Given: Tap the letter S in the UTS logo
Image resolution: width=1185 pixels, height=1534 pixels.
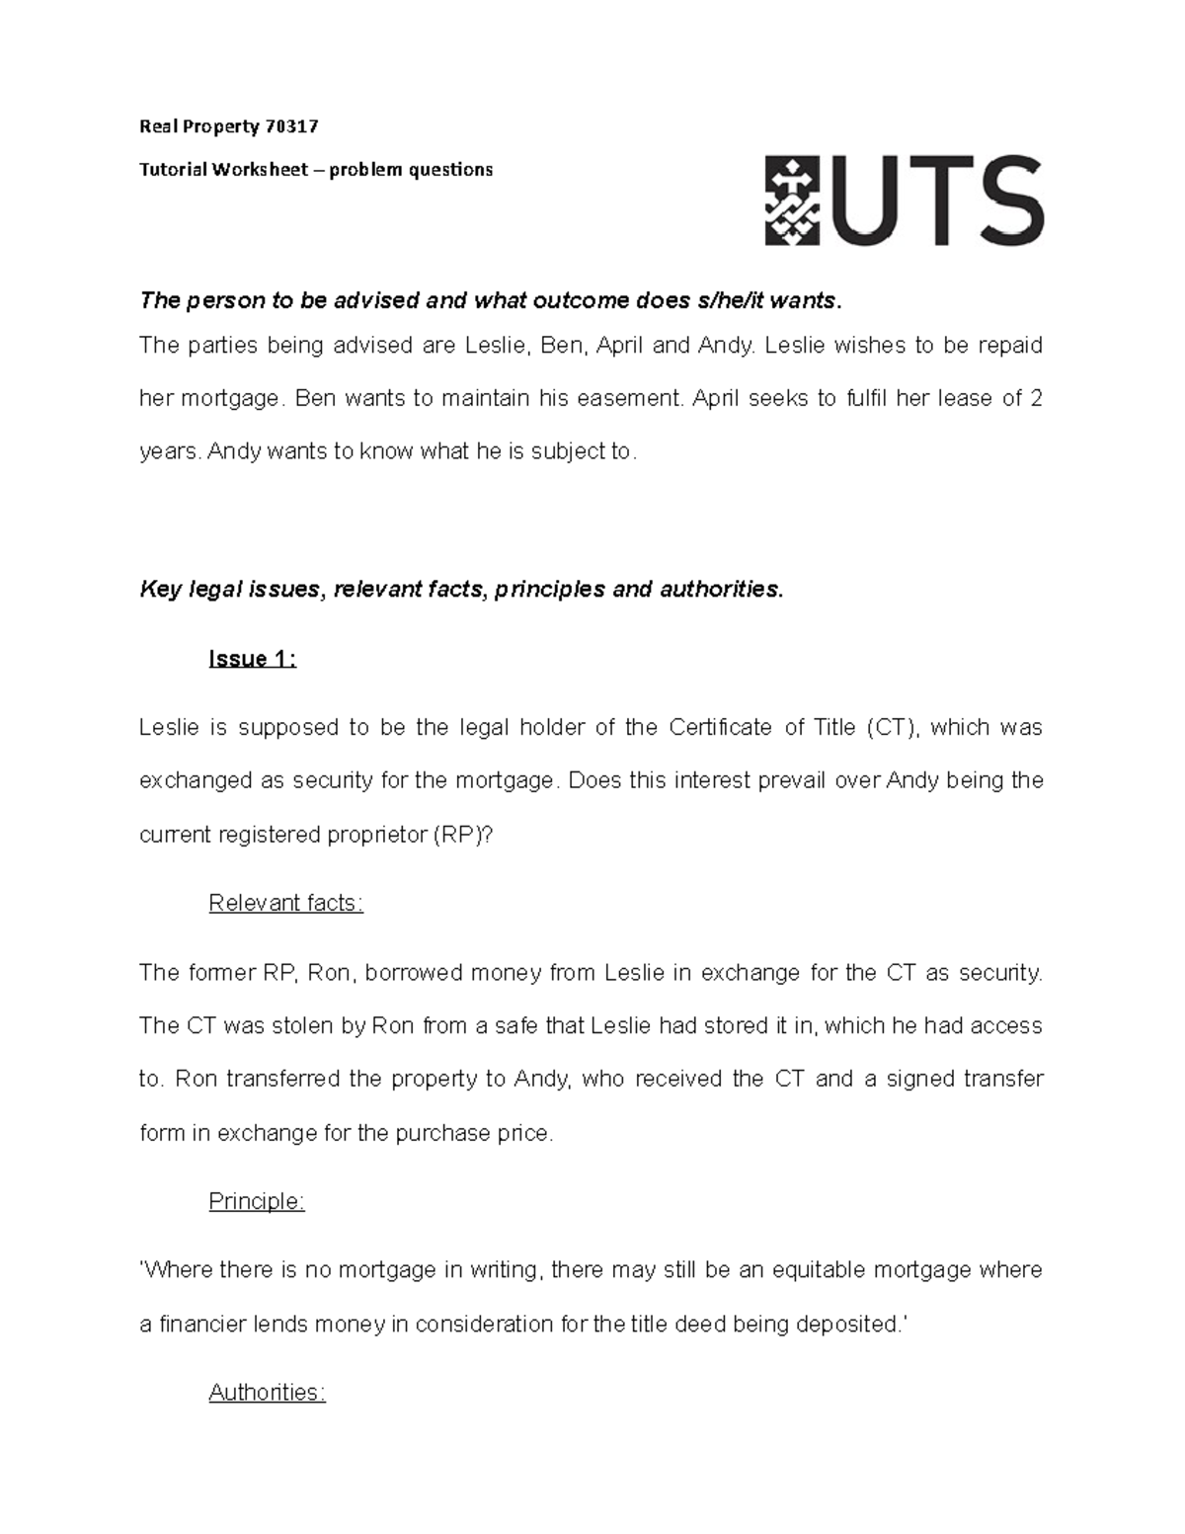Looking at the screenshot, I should click(x=999, y=202).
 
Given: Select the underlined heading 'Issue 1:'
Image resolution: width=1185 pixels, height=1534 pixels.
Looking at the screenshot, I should click(x=252, y=659).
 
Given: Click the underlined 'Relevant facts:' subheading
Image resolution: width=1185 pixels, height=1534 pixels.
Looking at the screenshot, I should click(x=285, y=903).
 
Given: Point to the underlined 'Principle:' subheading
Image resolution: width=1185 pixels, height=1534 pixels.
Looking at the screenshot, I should click(x=257, y=1201).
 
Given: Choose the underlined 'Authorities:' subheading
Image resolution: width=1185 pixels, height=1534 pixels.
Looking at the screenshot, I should click(x=267, y=1392).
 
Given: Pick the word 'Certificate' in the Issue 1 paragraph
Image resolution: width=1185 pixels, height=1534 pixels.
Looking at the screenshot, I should click(x=721, y=728).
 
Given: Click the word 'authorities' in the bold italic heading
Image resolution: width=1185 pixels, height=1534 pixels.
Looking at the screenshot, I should click(x=720, y=590).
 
